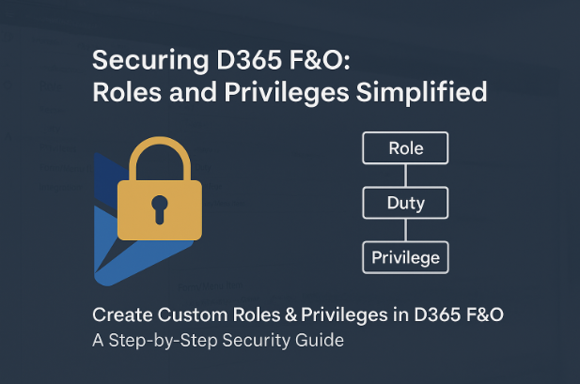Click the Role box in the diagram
(405, 147)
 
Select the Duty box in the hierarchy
(405, 203)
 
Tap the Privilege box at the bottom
(405, 257)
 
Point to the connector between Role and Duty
(406, 176)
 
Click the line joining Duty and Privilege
(406, 230)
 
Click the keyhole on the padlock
(160, 209)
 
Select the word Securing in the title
(150, 61)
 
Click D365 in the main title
(249, 59)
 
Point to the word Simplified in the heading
(421, 92)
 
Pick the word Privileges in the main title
(287, 93)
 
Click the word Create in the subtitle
(122, 315)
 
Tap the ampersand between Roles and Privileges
(291, 315)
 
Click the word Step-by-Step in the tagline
(164, 341)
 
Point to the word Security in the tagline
(256, 341)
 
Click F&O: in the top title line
(320, 59)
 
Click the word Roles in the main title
(127, 92)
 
